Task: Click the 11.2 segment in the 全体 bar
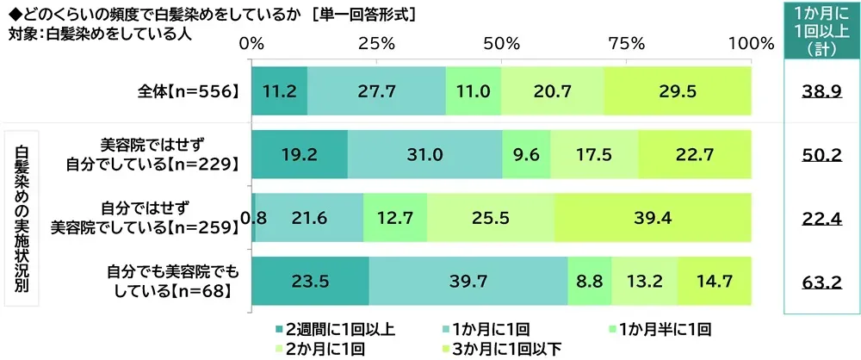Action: [x=279, y=89]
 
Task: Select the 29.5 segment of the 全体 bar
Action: [x=677, y=89]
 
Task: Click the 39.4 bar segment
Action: [x=653, y=217]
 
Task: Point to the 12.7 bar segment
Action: [x=394, y=217]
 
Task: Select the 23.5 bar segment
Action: [x=310, y=281]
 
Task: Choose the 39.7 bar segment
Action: [x=468, y=281]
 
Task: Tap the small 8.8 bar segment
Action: [x=590, y=281]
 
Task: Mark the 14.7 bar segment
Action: [x=714, y=281]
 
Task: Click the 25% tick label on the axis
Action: [x=376, y=42]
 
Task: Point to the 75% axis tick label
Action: [x=627, y=42]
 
